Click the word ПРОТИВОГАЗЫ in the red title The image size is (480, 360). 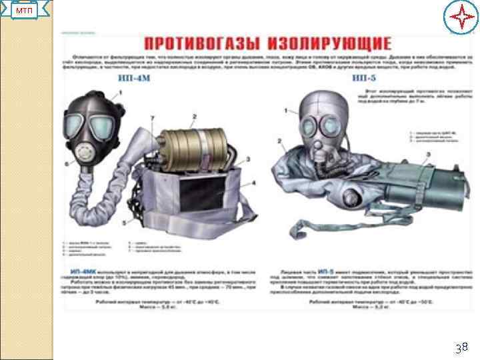[200, 45]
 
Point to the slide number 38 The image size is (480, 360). [461, 347]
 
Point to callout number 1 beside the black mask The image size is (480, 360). [120, 94]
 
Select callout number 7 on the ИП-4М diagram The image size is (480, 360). [153, 118]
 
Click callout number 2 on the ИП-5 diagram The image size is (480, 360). [281, 141]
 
